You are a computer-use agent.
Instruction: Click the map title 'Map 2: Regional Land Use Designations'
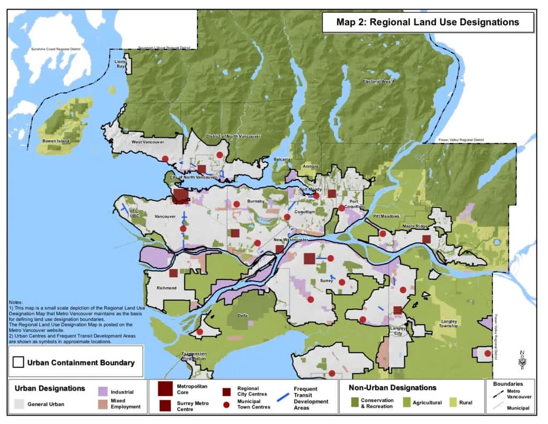427,23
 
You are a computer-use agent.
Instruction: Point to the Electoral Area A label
378,81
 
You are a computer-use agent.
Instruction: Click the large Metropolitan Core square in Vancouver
180,196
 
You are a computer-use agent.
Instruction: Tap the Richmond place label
166,288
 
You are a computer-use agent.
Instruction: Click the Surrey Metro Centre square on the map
309,258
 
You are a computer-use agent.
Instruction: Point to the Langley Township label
448,323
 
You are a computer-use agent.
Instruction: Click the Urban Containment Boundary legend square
18,362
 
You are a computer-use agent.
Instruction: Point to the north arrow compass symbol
521,360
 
